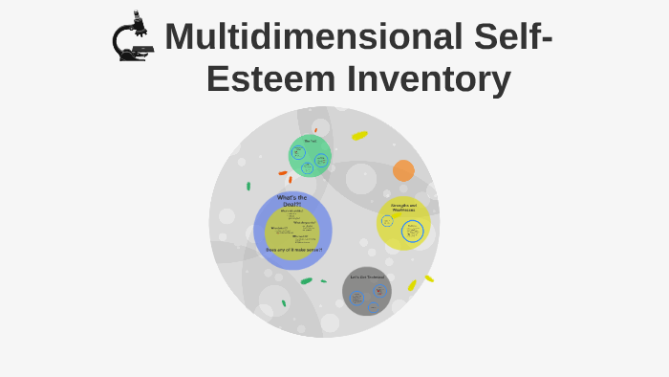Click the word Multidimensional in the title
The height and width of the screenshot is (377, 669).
tap(313, 37)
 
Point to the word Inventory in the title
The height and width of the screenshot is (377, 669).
tap(429, 79)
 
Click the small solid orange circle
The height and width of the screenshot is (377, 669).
tap(403, 170)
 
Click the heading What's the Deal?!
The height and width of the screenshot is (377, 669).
tap(291, 200)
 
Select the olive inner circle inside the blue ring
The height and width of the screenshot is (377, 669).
tap(291, 233)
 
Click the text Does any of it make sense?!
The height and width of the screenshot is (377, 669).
tap(293, 250)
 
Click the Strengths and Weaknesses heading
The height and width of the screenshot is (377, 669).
tap(403, 207)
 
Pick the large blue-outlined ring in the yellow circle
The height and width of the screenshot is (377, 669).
tap(412, 231)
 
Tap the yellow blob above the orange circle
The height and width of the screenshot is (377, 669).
tap(359, 136)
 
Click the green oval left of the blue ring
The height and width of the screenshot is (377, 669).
tap(248, 187)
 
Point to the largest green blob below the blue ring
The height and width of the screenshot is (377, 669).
tap(306, 281)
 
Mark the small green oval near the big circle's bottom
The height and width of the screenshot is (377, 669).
tap(284, 303)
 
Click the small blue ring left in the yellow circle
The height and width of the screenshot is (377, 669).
tap(387, 221)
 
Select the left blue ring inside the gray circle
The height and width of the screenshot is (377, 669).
tap(356, 297)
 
